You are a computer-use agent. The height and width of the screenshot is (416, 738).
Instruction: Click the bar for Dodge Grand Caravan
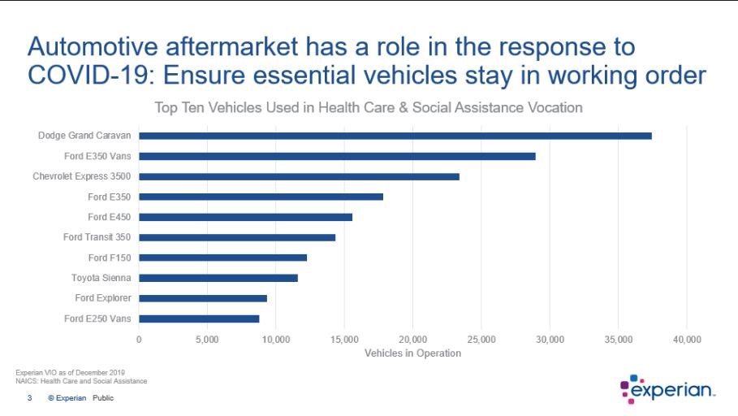pyautogui.click(x=395, y=136)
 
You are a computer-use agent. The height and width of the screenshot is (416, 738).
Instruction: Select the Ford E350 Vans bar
pyautogui.click(x=337, y=156)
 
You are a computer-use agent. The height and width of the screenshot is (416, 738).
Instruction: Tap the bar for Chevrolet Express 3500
pyautogui.click(x=299, y=176)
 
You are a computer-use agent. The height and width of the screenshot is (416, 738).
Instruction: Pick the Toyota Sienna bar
pyautogui.click(x=218, y=278)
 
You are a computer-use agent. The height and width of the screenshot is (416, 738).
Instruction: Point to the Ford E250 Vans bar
pyautogui.click(x=199, y=318)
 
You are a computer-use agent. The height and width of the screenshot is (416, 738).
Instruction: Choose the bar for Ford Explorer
pyautogui.click(x=203, y=298)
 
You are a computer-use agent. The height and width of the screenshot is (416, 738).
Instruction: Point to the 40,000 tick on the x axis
pyautogui.click(x=687, y=339)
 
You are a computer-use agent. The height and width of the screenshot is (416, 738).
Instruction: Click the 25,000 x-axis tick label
pyautogui.click(x=481, y=339)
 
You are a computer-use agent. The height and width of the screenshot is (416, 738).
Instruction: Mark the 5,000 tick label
pyautogui.click(x=207, y=339)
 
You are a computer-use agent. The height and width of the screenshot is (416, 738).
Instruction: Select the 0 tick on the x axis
pyautogui.click(x=139, y=339)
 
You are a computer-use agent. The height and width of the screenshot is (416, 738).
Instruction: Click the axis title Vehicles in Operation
pyautogui.click(x=412, y=353)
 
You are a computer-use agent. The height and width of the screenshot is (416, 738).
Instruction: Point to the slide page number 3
pyautogui.click(x=30, y=398)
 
